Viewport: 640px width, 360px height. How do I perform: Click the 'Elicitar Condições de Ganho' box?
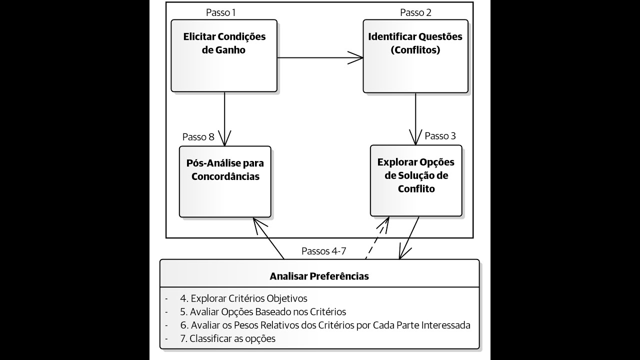click(x=224, y=56)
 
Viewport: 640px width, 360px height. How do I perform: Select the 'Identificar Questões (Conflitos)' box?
click(x=415, y=56)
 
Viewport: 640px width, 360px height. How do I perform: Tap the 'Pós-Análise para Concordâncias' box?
click(x=225, y=181)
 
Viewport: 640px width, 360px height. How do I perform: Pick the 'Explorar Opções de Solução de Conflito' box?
click(x=416, y=180)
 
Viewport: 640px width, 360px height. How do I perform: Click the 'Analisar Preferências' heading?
click(x=319, y=276)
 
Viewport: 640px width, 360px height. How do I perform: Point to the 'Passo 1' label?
click(x=220, y=12)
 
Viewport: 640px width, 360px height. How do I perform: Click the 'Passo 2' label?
click(x=415, y=12)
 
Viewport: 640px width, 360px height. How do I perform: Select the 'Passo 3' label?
click(x=440, y=136)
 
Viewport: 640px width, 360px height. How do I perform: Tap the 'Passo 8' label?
click(x=198, y=137)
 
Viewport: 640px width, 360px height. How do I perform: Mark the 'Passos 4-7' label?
click(x=324, y=251)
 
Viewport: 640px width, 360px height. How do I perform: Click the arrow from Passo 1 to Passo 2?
click(x=320, y=57)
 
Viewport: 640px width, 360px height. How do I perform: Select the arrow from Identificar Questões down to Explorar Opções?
click(x=416, y=118)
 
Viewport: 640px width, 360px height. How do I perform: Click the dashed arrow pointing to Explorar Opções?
click(x=376, y=238)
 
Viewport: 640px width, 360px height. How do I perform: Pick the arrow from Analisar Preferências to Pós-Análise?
click(x=269, y=238)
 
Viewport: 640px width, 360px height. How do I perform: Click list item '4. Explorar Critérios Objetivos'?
click(x=243, y=298)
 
